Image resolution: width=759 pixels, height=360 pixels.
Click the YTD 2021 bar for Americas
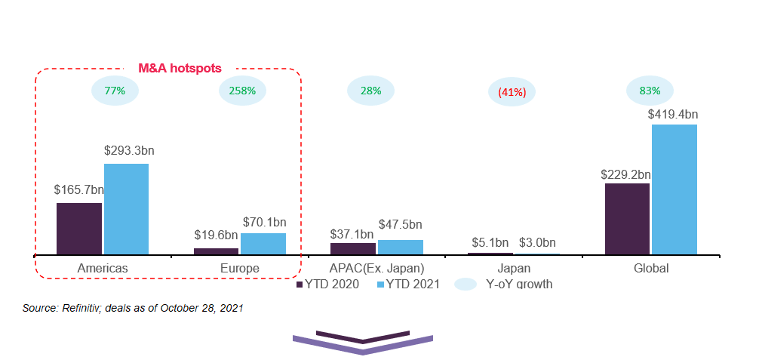coord(126,209)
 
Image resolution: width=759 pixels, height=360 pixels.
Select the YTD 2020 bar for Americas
coord(79,229)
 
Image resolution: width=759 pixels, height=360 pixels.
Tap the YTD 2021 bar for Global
coord(674,189)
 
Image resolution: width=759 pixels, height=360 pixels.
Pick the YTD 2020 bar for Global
coord(627,219)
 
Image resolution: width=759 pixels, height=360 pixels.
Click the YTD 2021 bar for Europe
coord(263,244)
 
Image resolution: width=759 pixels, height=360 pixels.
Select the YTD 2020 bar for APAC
coord(353,248)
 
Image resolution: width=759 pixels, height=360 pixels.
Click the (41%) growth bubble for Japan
coord(512,92)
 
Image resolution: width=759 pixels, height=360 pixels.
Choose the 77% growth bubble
coord(114,91)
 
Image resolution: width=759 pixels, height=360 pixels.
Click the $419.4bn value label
coord(673,115)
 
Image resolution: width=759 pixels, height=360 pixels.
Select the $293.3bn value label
coord(129,151)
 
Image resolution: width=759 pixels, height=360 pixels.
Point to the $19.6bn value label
coord(216,235)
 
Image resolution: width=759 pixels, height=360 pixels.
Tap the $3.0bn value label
coord(537,242)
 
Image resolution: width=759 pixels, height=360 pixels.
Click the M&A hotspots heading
coord(180,68)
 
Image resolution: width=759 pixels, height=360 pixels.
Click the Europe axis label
coord(241,269)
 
